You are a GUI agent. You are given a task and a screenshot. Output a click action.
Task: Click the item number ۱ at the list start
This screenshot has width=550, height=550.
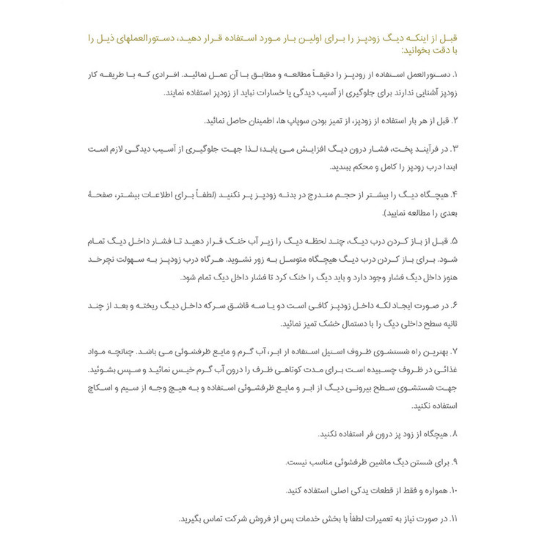point(455,75)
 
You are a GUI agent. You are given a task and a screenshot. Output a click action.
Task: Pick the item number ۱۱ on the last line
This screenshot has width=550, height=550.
point(452,518)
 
